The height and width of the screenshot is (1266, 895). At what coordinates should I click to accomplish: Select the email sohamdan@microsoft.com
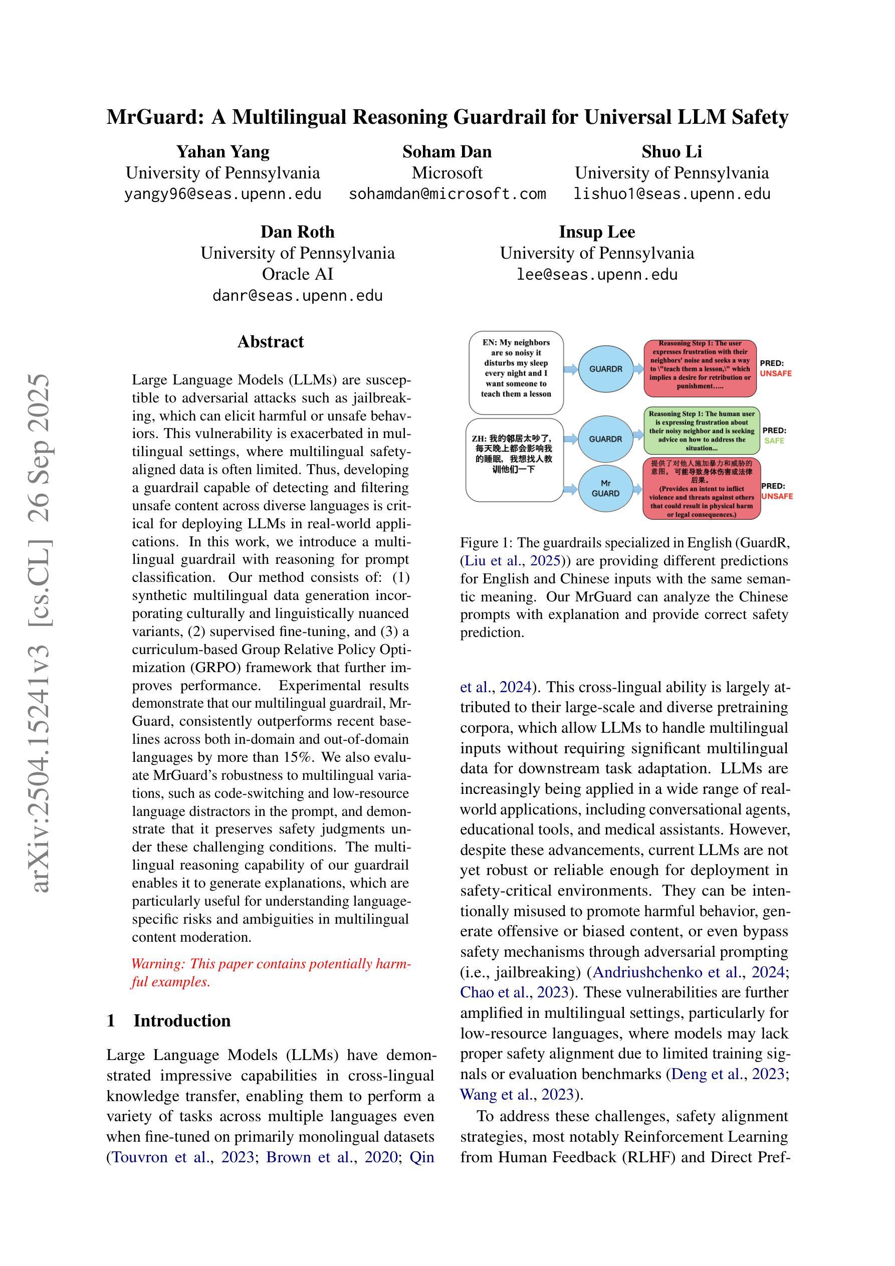click(447, 194)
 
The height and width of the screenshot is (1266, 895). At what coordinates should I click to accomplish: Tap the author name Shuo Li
click(671, 152)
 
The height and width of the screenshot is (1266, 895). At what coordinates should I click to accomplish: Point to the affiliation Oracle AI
click(297, 274)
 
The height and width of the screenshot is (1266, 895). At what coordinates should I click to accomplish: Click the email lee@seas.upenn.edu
click(597, 275)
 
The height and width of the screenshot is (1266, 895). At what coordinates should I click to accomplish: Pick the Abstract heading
click(270, 342)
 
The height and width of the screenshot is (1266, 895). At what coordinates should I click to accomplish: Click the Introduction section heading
click(182, 1020)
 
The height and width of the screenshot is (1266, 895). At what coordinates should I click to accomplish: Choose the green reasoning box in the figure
click(702, 431)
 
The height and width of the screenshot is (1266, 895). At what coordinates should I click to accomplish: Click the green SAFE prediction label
click(774, 441)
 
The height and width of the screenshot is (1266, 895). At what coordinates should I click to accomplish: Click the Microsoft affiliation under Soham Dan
click(447, 173)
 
